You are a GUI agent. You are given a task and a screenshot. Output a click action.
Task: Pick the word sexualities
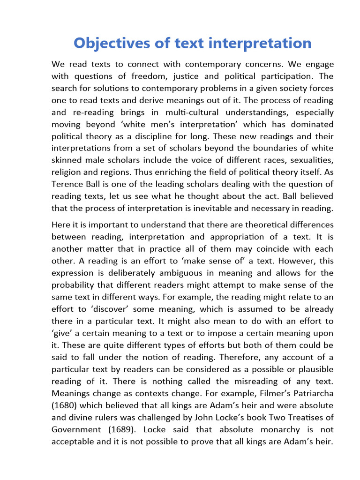310,161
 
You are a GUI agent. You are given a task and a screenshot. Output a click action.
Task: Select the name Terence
67,185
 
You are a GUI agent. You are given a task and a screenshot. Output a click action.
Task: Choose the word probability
76,285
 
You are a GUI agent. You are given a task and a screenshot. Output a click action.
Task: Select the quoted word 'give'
63,333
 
